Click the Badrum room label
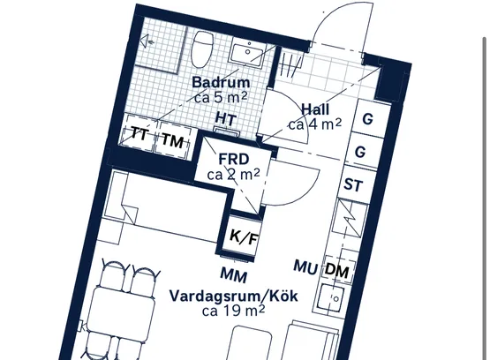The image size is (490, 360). pyautogui.click(x=221, y=82)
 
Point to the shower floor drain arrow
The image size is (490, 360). pyautogui.click(x=147, y=41)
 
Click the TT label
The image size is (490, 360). pyautogui.click(x=139, y=135)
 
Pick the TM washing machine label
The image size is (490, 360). pyautogui.click(x=173, y=140)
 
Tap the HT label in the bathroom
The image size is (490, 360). pyautogui.click(x=226, y=119)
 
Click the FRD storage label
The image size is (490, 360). pyautogui.click(x=234, y=159)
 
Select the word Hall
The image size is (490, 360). pyautogui.click(x=315, y=109)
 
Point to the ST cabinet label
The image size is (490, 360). pyautogui.click(x=353, y=184)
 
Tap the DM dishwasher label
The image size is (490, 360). pyautogui.click(x=337, y=270)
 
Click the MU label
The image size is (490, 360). pyautogui.click(x=305, y=267)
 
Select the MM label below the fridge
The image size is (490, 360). pyautogui.click(x=234, y=275)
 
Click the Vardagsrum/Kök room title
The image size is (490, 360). pyautogui.click(x=234, y=296)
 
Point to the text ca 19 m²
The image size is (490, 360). pyautogui.click(x=234, y=311)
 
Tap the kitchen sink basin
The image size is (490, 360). pyautogui.click(x=331, y=297)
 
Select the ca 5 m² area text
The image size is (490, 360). pyautogui.click(x=221, y=98)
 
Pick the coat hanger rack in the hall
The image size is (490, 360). pyautogui.click(x=290, y=65)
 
